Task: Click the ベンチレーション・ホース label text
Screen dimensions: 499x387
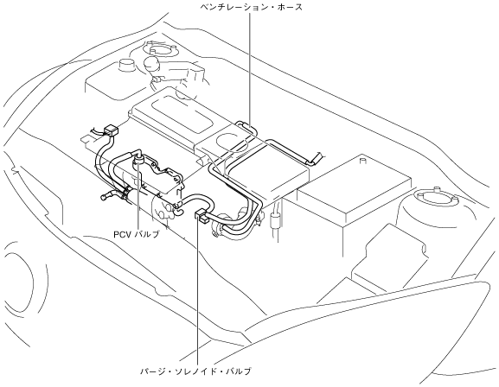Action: click(251, 7)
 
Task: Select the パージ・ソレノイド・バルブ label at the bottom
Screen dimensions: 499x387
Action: click(195, 371)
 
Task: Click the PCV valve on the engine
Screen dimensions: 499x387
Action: click(138, 160)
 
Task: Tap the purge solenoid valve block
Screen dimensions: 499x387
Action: click(201, 214)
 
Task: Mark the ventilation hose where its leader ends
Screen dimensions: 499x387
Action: click(249, 126)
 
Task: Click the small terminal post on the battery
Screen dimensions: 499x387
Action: click(362, 161)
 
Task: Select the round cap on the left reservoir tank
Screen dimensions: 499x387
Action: click(126, 65)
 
